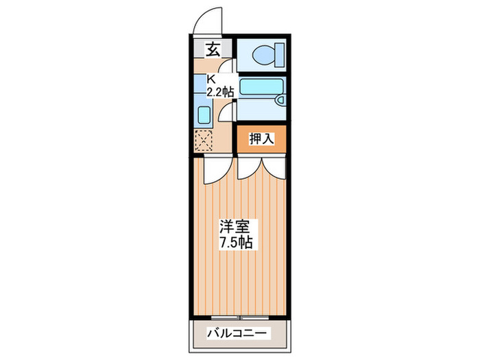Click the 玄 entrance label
tap(213, 49)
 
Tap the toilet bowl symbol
tap(265, 54)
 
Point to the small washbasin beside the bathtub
tap(280, 100)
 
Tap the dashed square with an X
tap(204, 141)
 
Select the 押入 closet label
tap(261, 139)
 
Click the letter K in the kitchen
tap(212, 79)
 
